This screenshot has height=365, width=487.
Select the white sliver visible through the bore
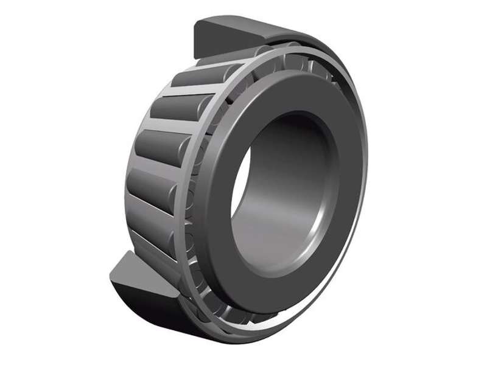239,182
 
